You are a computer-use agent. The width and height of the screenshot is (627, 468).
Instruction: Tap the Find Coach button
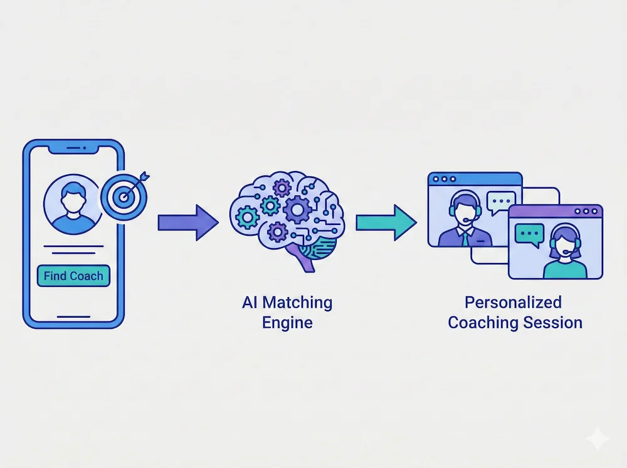pos(73,276)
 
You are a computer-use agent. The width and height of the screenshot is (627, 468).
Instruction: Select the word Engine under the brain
pos(287,323)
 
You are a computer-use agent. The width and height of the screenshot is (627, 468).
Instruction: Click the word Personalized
pos(512,303)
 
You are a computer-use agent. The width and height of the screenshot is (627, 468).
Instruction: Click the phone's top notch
pos(73,148)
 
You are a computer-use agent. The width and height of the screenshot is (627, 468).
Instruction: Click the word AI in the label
pos(249,303)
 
